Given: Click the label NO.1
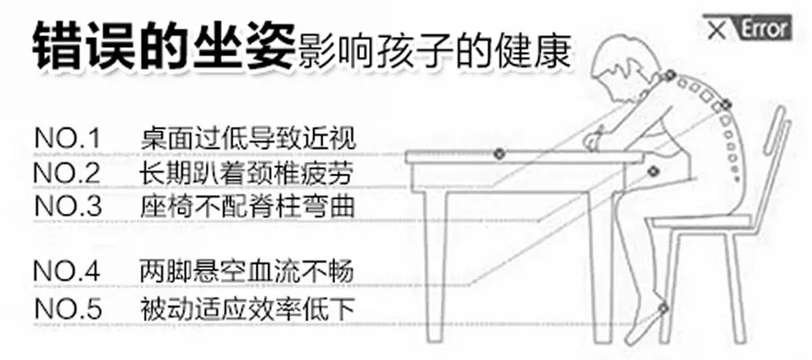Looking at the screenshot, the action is [69, 139].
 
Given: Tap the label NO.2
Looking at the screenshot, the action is [69, 172].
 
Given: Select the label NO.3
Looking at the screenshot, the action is [69, 206].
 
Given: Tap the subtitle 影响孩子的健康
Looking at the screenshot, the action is [433, 51].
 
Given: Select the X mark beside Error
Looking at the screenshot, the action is [718, 30].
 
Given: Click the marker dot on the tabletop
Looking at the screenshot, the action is [498, 154].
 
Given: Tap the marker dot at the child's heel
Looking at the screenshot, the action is [664, 309].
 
